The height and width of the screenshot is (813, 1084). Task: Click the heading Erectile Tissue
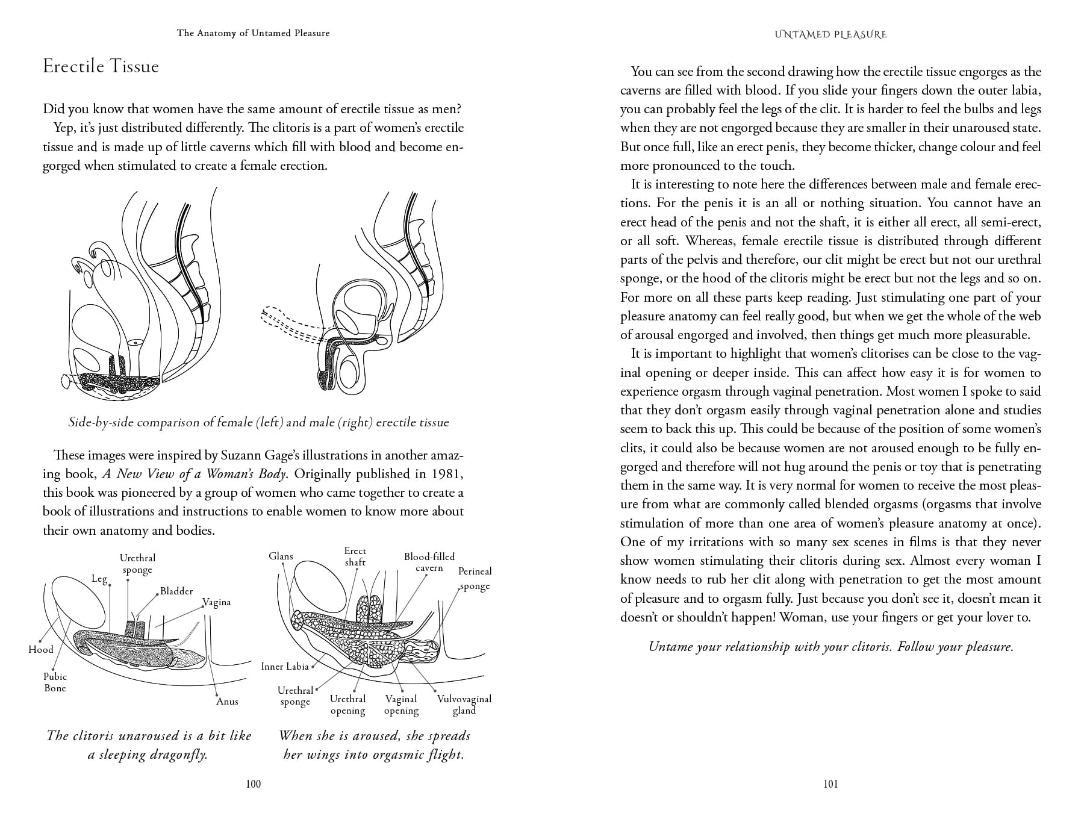[x=101, y=66]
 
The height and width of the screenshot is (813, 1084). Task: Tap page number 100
[x=254, y=783]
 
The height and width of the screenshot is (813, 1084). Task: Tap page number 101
[x=830, y=783]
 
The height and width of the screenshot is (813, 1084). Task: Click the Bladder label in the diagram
[x=176, y=591]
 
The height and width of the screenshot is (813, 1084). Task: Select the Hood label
[x=41, y=649]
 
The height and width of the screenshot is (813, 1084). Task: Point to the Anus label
[x=227, y=701]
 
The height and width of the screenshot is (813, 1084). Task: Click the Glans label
[x=281, y=556]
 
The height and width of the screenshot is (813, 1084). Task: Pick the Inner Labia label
[x=285, y=666]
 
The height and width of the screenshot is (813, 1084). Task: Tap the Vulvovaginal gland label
[x=464, y=705]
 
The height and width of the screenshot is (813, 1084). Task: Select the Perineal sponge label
[x=475, y=578]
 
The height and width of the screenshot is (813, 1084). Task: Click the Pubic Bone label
[x=55, y=682]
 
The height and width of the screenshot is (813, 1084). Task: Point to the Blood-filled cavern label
[x=429, y=562]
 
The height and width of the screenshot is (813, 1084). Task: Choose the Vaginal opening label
[x=401, y=705]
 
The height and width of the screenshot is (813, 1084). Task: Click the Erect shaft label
[x=355, y=556]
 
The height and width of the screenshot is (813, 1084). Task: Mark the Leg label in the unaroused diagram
[x=99, y=579]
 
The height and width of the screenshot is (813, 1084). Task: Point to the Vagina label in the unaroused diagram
[x=216, y=602]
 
